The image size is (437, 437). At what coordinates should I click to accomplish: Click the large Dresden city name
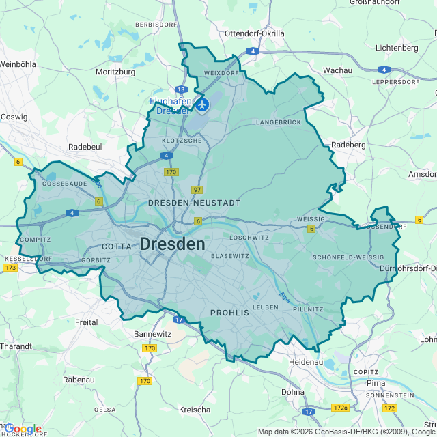pos(172,244)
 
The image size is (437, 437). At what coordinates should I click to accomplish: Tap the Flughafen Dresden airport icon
pos(202,105)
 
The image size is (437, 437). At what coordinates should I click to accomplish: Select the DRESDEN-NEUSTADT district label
pos(195,203)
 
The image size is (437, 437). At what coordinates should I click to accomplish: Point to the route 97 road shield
pos(197,190)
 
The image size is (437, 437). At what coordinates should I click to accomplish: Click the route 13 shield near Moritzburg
pos(181,89)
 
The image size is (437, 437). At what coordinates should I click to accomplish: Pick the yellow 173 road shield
pos(10,268)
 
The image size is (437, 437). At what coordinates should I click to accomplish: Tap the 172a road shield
pos(340,408)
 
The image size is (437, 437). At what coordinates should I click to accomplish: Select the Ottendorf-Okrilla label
pos(253,33)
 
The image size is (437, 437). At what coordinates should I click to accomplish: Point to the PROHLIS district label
pos(229,313)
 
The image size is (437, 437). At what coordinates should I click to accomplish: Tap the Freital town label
pos(86,322)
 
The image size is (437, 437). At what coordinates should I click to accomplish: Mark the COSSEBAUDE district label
pos(65,184)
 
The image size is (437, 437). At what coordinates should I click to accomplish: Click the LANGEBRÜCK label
pos(279,122)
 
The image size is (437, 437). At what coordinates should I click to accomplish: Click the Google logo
pos(23,429)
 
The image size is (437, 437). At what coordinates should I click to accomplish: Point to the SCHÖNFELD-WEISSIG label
pos(348,257)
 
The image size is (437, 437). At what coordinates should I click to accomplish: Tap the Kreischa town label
pos(194,410)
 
